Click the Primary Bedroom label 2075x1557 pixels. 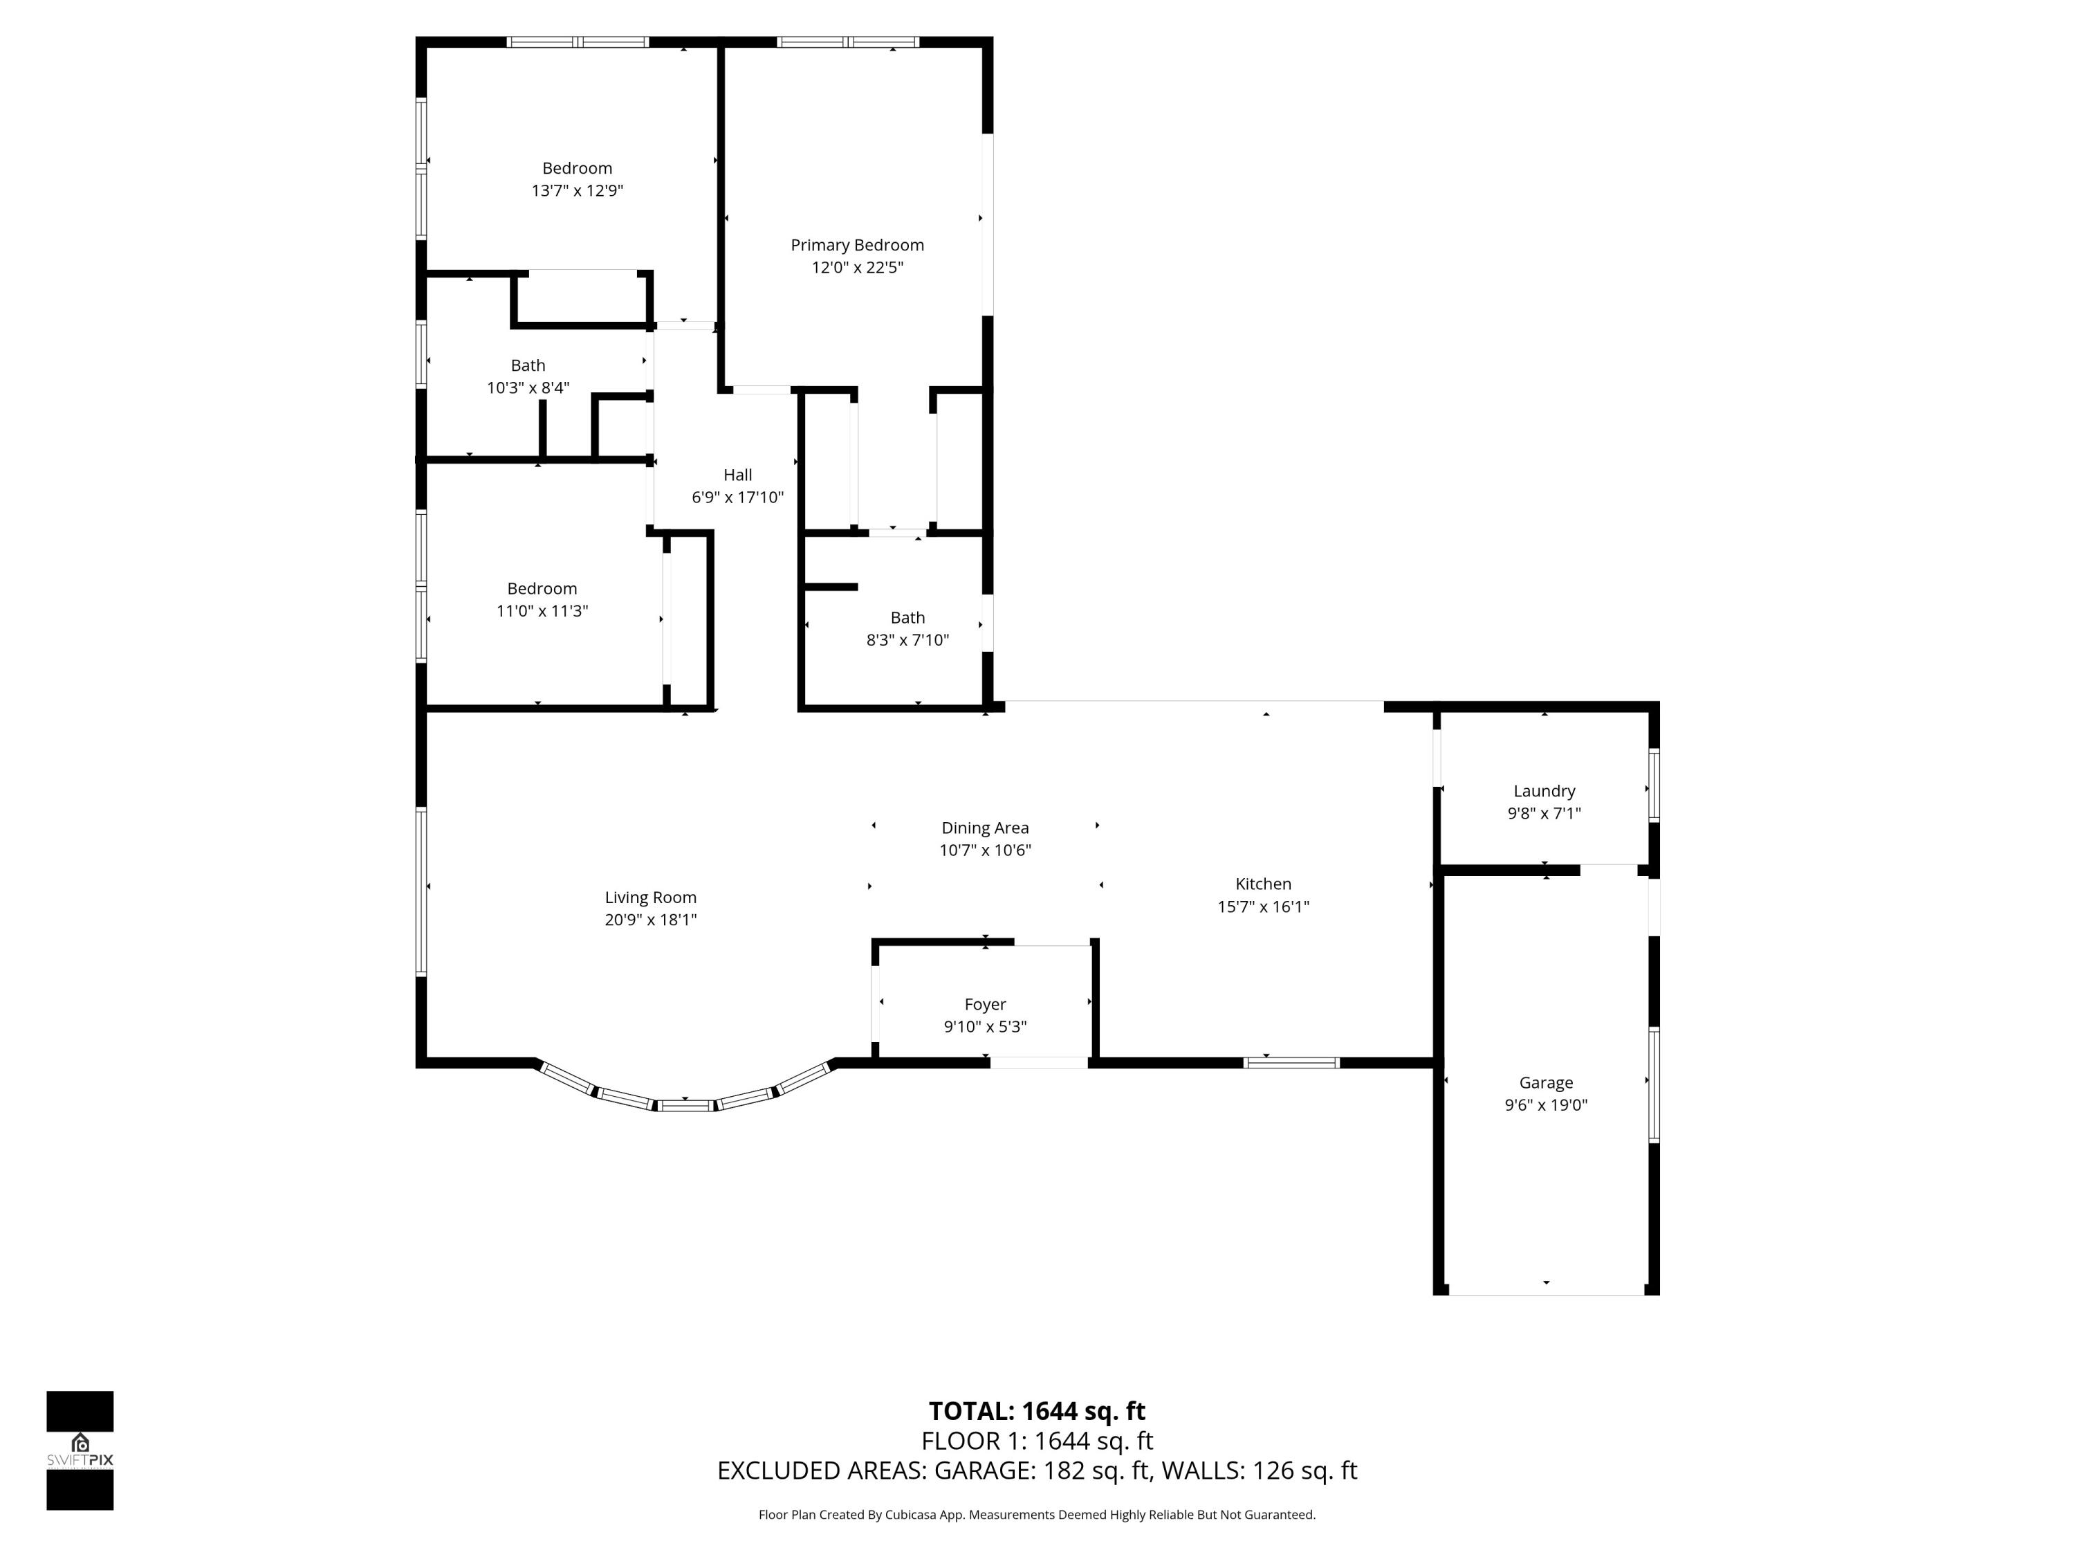856,245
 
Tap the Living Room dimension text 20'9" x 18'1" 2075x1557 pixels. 650,920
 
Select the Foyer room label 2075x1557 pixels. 984,1004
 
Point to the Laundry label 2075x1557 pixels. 1543,791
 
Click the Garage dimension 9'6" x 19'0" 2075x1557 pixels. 1545,1104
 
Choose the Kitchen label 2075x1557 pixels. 1262,884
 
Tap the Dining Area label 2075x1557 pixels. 984,828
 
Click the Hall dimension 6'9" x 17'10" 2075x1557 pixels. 737,498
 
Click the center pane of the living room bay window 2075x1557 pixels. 685,1106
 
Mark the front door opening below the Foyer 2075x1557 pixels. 1038,1062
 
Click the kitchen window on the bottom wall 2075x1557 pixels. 1291,1062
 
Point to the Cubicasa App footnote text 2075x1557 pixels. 1037,1515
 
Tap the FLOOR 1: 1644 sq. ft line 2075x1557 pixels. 1037,1441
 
